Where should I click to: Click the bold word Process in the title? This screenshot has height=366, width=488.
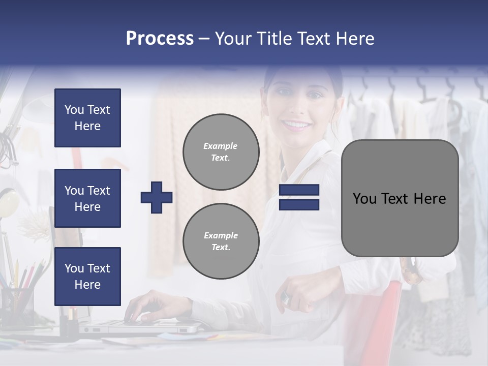click(160, 39)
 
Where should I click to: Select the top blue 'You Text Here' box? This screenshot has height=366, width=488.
click(87, 118)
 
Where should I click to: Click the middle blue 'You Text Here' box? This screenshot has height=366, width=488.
click(87, 198)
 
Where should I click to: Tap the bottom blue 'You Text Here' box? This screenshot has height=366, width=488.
click(87, 276)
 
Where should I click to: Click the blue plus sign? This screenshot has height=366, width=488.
click(157, 197)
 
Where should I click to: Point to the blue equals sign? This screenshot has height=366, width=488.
click(299, 197)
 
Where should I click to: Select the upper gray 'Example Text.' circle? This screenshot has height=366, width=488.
click(221, 152)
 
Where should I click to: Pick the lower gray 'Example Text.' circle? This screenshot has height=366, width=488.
click(221, 241)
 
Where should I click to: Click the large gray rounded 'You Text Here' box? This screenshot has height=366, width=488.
click(400, 198)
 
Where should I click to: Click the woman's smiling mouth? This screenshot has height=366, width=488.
click(297, 124)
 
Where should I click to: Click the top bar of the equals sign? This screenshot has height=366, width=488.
click(299, 190)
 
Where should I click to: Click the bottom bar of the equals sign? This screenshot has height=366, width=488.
click(299, 204)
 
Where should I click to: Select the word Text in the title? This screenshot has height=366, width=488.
click(314, 39)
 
